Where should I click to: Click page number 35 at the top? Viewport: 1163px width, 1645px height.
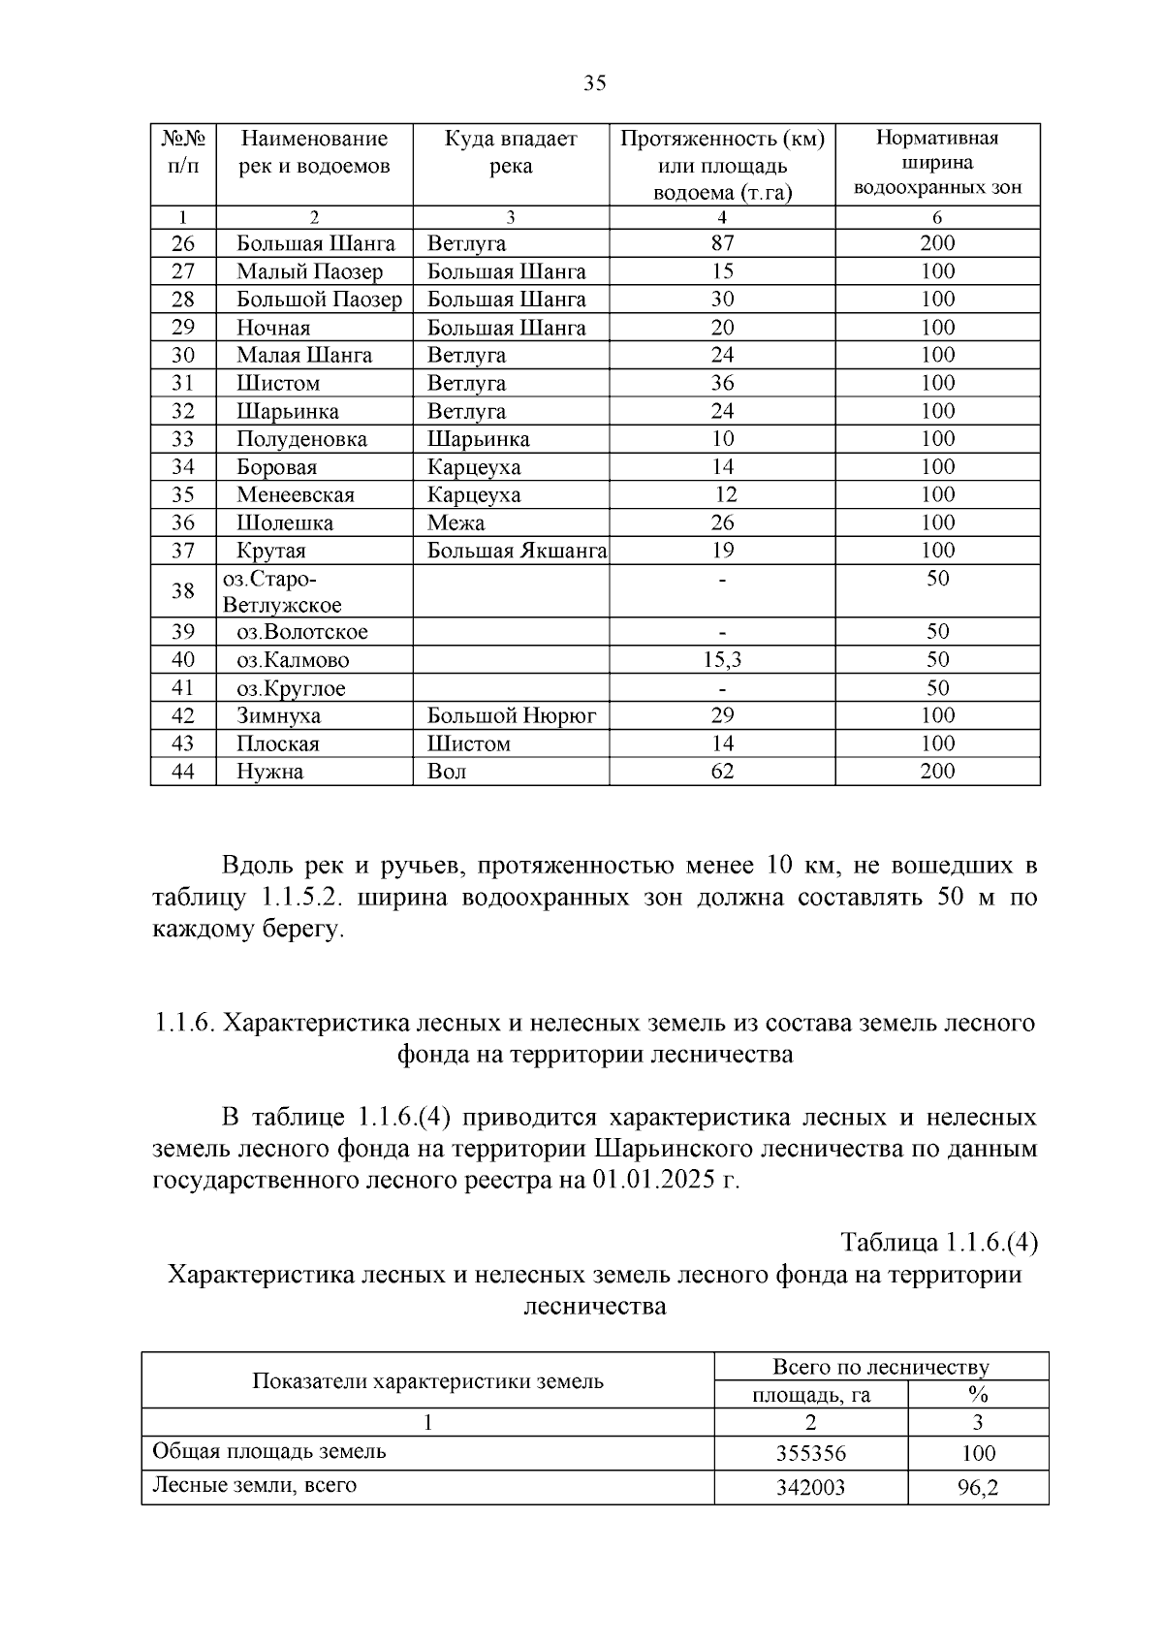[x=595, y=83]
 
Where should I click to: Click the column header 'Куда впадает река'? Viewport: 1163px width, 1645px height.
[x=511, y=152]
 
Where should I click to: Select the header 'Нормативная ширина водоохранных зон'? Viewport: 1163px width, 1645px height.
[x=937, y=162]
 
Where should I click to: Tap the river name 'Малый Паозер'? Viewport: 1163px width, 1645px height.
[x=310, y=271]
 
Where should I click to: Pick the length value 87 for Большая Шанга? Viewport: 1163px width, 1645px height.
[x=722, y=243]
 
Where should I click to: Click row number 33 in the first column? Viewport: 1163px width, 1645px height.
[x=183, y=439]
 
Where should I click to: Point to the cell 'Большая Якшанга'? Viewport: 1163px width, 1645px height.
[x=517, y=551]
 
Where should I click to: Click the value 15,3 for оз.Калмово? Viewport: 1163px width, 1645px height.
[x=722, y=660]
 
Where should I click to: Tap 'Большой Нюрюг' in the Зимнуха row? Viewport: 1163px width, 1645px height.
[x=512, y=715]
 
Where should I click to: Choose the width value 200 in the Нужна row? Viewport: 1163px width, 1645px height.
[x=937, y=772]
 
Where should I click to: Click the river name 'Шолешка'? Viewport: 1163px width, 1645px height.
[x=285, y=523]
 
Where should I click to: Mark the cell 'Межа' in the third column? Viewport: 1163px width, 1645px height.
[x=456, y=523]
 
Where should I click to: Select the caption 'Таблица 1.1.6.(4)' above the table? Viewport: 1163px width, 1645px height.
[x=939, y=1243]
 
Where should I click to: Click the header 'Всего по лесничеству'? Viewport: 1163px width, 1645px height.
[x=880, y=1367]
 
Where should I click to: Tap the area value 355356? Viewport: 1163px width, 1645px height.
[x=810, y=1454]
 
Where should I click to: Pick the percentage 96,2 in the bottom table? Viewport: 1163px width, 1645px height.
[x=978, y=1487]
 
